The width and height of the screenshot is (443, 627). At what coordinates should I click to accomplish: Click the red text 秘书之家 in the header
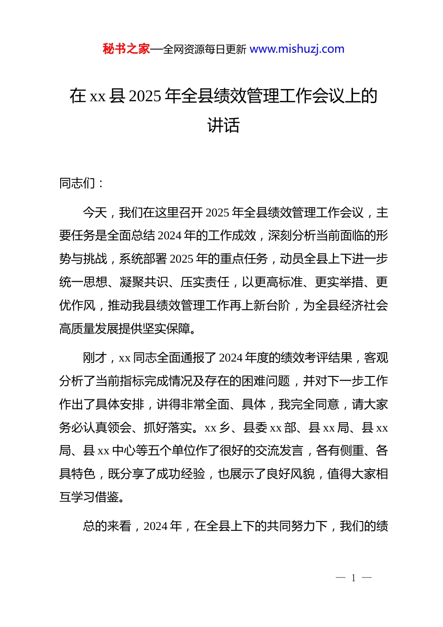coord(126,49)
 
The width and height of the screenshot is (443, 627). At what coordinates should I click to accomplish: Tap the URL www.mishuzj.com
coord(297,49)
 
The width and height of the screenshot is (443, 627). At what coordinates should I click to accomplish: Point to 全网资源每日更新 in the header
coord(205,49)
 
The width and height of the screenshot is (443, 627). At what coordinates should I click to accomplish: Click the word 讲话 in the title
coord(223,125)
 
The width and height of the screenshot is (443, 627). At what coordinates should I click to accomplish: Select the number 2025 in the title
coord(145,96)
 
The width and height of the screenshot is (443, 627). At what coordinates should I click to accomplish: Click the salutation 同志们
coord(77,183)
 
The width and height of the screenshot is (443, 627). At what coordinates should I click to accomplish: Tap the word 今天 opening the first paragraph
coord(95,213)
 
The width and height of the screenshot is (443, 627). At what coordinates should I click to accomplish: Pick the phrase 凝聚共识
coord(144,282)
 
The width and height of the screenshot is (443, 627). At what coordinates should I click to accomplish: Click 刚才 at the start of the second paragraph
coord(95,358)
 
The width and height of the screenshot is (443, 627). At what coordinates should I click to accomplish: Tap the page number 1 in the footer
coord(353,578)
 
